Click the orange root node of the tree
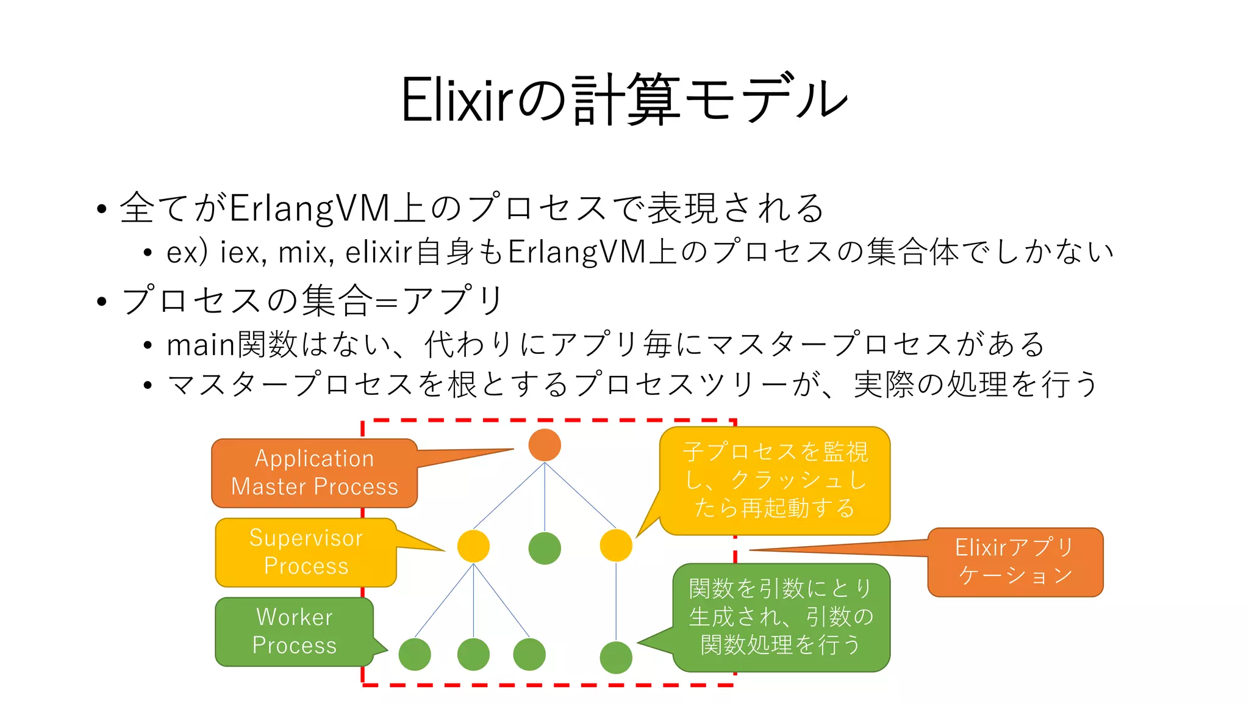545,445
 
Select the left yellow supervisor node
473,546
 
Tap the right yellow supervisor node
616,546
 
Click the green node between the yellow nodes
545,548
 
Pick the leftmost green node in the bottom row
415,654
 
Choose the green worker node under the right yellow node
616,657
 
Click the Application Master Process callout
314,473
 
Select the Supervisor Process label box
306,552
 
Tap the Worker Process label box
294,632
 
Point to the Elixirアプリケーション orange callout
1015,562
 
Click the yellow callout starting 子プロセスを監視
775,480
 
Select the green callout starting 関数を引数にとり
781,617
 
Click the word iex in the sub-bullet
242,252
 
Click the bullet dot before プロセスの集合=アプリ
102,301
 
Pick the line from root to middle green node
545,497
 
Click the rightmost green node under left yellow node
529,654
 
